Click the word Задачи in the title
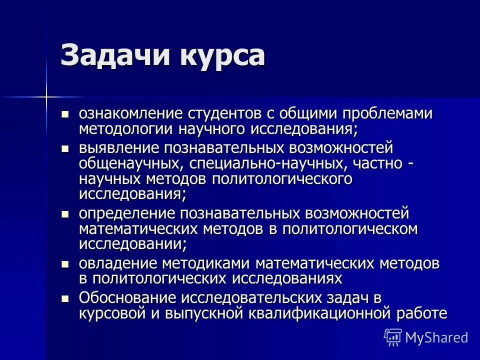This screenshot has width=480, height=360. pos(113,55)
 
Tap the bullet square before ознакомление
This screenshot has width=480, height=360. pos(64,114)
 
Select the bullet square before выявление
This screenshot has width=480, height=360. pos(64,149)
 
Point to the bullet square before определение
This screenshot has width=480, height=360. pos(64,214)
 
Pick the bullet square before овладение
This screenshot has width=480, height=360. pos(64,263)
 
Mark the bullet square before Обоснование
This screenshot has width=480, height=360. pos(64,298)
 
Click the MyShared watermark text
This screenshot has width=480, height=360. pos(436,337)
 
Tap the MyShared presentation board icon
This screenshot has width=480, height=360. pos(393,337)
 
